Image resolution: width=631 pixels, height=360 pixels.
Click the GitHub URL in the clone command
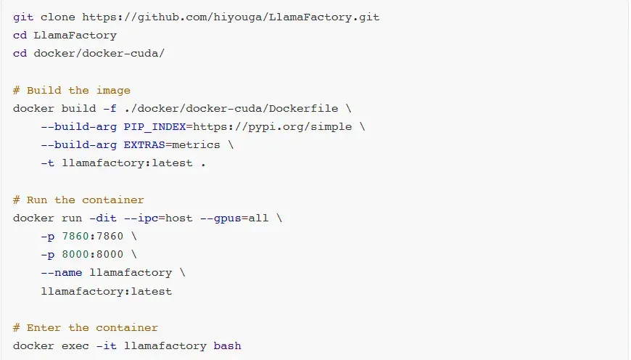click(231, 17)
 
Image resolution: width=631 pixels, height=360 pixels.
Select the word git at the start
click(23, 17)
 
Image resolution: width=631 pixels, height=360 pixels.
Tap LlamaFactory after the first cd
click(75, 36)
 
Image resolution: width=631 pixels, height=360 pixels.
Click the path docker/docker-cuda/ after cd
click(99, 54)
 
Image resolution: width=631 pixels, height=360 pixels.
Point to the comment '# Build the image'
click(72, 91)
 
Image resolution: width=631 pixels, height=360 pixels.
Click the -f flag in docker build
click(110, 109)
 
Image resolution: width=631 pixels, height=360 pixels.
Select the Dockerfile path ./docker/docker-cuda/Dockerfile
click(231, 109)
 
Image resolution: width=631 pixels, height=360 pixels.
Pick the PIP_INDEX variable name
click(155, 127)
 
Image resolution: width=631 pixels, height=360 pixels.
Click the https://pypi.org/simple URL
click(273, 127)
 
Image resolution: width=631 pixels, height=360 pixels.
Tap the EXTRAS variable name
click(144, 145)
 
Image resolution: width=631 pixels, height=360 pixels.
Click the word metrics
click(196, 145)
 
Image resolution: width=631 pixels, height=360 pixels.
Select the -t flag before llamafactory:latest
click(47, 163)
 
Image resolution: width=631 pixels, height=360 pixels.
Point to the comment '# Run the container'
click(78, 200)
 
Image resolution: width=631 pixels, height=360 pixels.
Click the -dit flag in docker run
click(103, 218)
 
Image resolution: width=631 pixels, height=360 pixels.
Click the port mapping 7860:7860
click(93, 237)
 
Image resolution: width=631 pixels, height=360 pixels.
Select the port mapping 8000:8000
click(93, 255)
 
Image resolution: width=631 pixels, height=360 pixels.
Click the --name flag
click(62, 273)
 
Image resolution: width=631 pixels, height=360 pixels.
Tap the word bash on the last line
click(227, 346)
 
